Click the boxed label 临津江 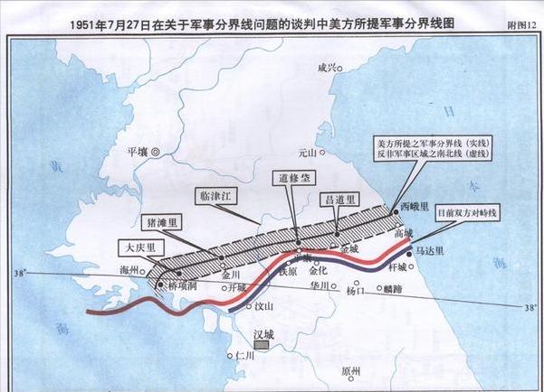pyautogui.click(x=220, y=195)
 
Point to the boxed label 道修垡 pyautogui.click(x=287, y=179)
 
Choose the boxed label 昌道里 pyautogui.click(x=339, y=198)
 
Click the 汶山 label pyautogui.click(x=263, y=305)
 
